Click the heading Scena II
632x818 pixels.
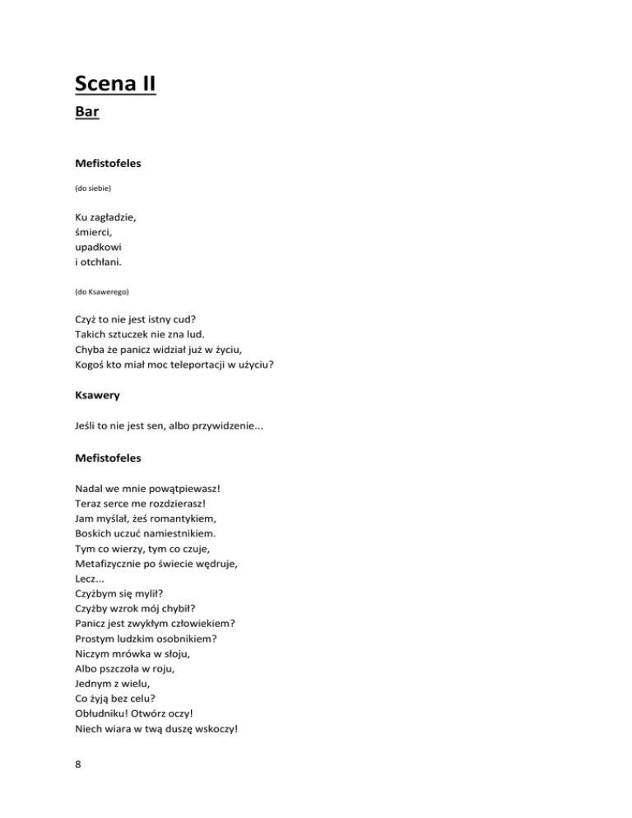click(114, 83)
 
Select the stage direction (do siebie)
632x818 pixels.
click(92, 188)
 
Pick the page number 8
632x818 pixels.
click(78, 763)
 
